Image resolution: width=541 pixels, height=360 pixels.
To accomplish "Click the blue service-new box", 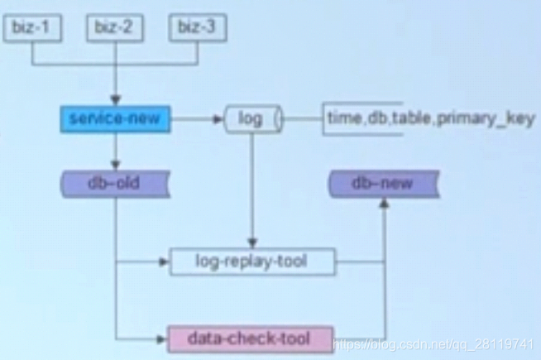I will point(115,119).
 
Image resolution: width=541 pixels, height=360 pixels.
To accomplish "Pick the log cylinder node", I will point(251,119).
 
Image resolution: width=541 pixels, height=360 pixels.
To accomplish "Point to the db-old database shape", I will point(114,183).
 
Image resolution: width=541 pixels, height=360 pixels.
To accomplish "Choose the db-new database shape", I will point(384,183).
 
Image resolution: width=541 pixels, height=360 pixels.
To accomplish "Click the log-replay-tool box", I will point(251,262).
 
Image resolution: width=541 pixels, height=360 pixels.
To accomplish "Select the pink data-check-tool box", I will point(250,338).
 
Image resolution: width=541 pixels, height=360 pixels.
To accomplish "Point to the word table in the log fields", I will point(411,119).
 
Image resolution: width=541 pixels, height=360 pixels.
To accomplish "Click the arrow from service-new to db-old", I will point(115,151).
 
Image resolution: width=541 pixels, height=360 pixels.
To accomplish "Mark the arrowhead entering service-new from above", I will point(115,100).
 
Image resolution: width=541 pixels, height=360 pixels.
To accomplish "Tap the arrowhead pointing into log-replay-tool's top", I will point(251,243).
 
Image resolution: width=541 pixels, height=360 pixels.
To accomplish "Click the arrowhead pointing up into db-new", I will point(384,202).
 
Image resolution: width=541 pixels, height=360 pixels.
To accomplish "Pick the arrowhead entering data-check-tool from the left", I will point(162,338).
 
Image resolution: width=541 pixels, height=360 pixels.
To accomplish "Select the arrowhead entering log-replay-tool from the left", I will point(164,262).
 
